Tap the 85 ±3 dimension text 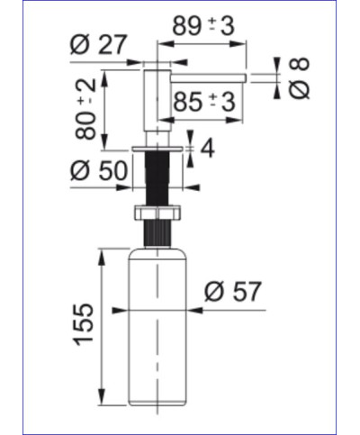pos(204,103)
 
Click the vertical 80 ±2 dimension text pos(86,108)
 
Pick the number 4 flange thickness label pos(207,147)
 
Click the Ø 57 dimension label pos(232,292)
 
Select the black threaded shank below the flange pos(158,180)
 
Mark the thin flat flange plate pos(158,148)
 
